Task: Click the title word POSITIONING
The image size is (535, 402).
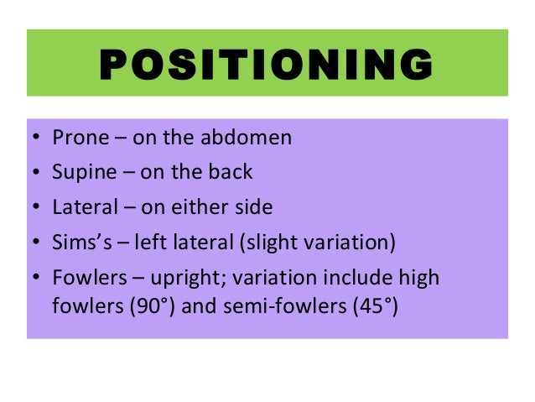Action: (267, 64)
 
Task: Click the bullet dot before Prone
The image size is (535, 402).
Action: (36, 138)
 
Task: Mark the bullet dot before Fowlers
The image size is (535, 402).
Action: (36, 278)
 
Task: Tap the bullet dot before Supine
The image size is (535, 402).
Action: (36, 174)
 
